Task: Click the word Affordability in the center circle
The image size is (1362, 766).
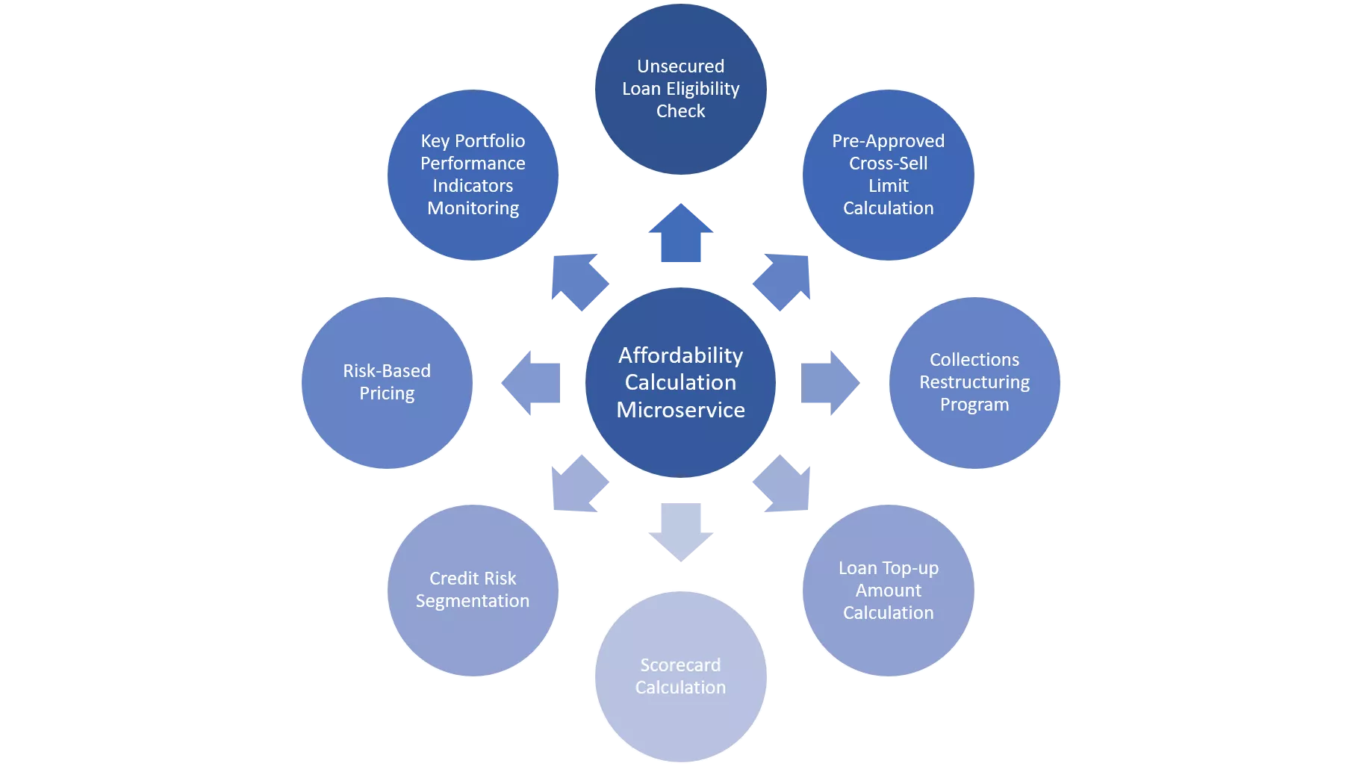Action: click(x=680, y=355)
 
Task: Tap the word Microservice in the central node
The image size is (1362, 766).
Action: click(x=680, y=410)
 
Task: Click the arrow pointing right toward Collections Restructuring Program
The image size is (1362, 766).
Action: click(x=827, y=383)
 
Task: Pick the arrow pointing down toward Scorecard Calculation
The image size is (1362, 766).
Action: click(x=680, y=530)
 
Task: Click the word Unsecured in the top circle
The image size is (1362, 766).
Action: click(x=680, y=66)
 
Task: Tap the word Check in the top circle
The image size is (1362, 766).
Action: click(x=680, y=111)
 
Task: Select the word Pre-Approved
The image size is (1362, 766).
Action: click(x=888, y=141)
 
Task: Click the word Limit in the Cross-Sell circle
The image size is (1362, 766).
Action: click(x=888, y=186)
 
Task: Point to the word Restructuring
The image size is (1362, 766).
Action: click(x=974, y=382)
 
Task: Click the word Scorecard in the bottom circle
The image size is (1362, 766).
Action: click(x=680, y=665)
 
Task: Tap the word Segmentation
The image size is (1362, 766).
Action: click(x=472, y=601)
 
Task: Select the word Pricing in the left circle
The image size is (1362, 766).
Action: click(x=386, y=393)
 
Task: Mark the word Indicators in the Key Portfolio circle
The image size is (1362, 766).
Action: click(x=472, y=186)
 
